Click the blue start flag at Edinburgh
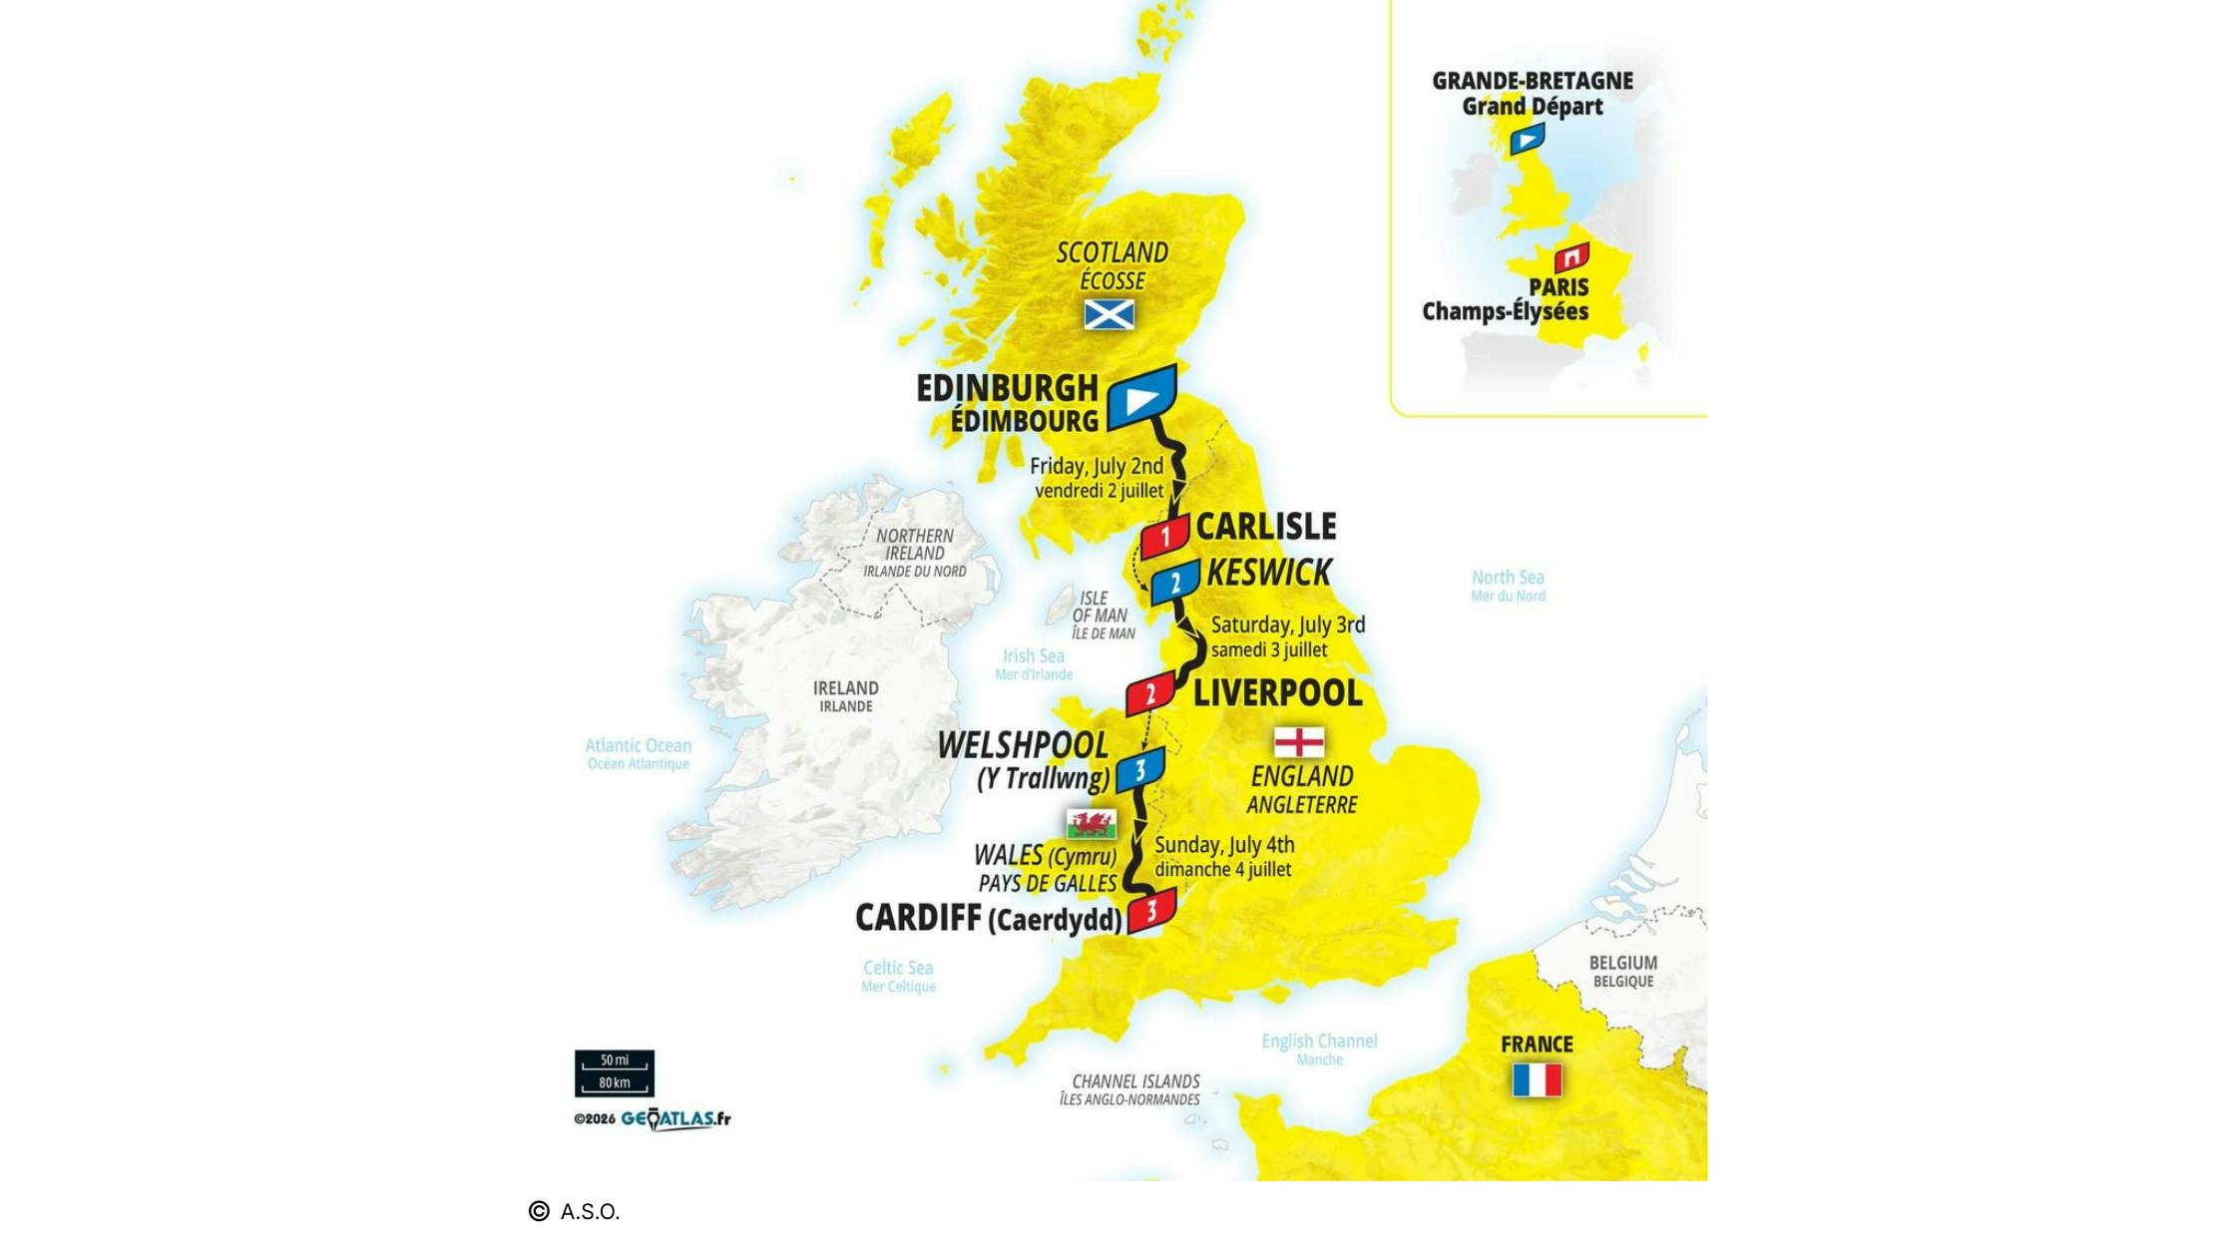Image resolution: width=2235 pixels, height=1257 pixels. tap(1141, 399)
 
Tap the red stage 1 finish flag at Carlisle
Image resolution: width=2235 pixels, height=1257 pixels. tap(1164, 537)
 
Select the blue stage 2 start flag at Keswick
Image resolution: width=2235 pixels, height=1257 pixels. tap(1175, 583)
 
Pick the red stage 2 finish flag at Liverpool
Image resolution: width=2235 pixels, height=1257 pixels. tap(1150, 693)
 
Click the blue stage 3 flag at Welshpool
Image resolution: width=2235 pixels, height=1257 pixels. tap(1140, 769)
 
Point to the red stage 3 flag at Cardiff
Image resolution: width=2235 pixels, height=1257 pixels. tap(1151, 911)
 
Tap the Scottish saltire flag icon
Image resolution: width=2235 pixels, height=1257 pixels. tap(1109, 315)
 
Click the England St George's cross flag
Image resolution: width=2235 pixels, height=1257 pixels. tap(1299, 742)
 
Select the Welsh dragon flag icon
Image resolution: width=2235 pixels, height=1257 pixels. tap(1092, 824)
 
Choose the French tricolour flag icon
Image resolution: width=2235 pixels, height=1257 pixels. tap(1537, 1080)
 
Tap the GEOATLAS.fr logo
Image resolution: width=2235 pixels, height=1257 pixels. tap(675, 1119)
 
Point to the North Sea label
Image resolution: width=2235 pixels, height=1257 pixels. tap(1508, 578)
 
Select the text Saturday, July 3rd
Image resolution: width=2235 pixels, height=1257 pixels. tap(1287, 625)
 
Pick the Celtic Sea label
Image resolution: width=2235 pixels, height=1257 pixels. tap(898, 968)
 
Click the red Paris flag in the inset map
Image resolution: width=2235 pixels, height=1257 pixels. tap(1571, 257)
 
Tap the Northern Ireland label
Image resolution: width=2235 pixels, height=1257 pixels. tap(915, 545)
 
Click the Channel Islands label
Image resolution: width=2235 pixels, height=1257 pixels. tap(1135, 1081)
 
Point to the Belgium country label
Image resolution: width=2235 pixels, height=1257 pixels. tap(1623, 963)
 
